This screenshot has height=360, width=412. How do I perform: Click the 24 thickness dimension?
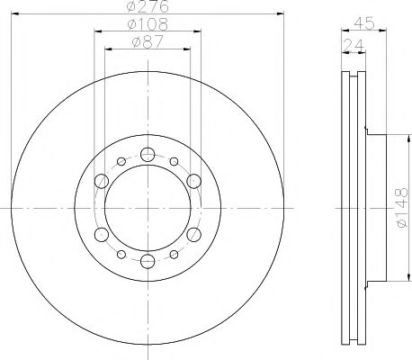coord(353,43)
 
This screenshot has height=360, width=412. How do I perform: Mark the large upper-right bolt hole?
coord(193,181)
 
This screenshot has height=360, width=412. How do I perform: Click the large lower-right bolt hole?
coord(193,235)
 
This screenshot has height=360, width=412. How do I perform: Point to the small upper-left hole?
coord(120,162)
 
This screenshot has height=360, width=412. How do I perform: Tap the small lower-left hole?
coord(120,254)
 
